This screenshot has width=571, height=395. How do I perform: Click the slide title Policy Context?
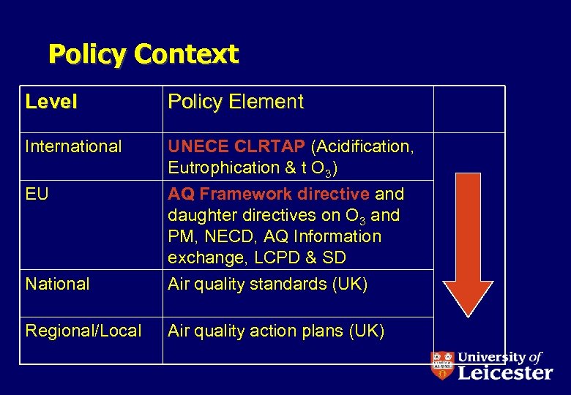(143, 54)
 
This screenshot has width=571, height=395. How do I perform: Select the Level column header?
(51, 102)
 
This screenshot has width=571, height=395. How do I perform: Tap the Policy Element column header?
(235, 102)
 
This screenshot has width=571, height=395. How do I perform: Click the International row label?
(73, 146)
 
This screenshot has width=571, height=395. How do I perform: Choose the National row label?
(57, 284)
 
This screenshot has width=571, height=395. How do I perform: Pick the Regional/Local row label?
(83, 331)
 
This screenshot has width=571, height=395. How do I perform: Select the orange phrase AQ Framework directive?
(269, 194)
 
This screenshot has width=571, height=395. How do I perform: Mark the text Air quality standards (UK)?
(267, 284)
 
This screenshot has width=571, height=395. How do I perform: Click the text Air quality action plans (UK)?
(275, 331)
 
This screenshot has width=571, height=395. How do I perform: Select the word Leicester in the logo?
(505, 373)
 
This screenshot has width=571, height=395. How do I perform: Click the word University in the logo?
(490, 358)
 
